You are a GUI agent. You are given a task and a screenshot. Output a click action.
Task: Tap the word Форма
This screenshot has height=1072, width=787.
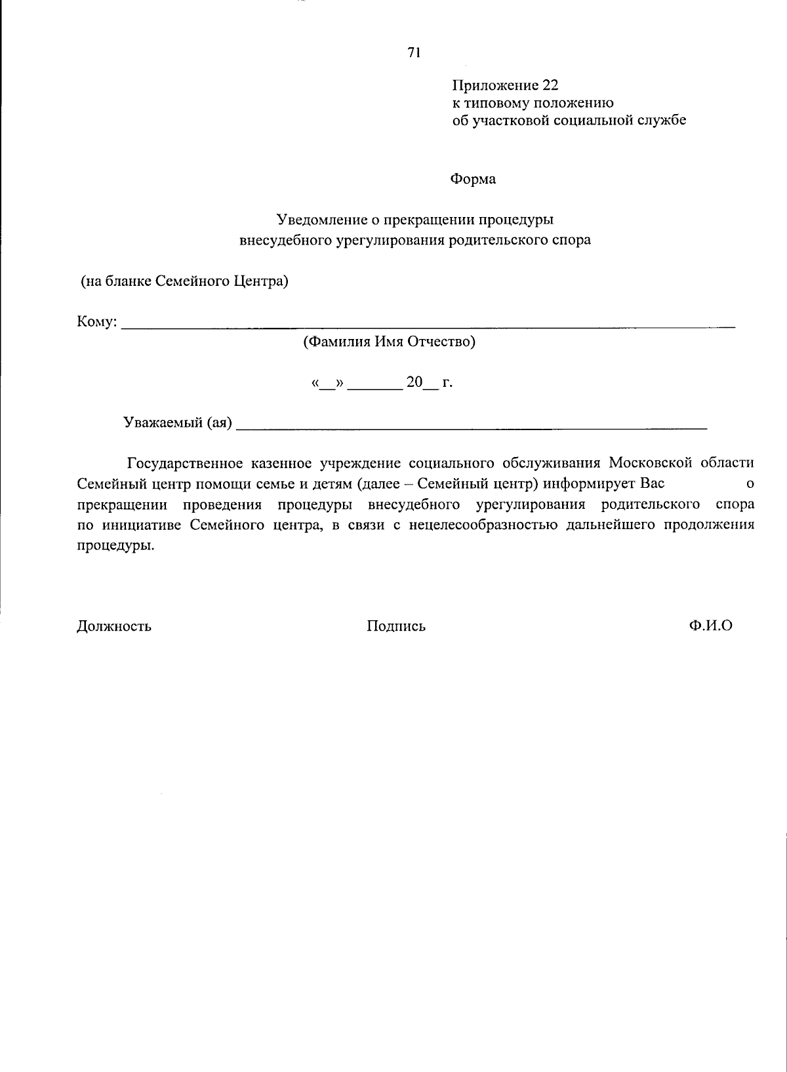point(473,179)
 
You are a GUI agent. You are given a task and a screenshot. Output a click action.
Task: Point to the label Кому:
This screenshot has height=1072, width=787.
point(98,322)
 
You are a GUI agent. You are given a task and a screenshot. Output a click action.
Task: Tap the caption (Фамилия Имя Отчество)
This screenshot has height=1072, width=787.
point(389,342)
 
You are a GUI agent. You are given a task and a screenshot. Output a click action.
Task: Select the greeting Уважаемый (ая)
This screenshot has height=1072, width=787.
point(178,423)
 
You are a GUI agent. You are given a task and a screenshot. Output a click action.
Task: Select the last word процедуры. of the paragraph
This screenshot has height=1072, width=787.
point(116,546)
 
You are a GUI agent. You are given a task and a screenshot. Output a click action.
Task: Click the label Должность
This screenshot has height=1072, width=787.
point(114,626)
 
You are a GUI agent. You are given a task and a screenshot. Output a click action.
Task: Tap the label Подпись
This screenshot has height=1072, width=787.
point(396,626)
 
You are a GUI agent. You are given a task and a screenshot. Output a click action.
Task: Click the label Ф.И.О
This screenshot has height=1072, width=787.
point(710,625)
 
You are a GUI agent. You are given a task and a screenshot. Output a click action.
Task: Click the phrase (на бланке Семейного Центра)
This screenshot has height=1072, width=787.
point(184,281)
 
